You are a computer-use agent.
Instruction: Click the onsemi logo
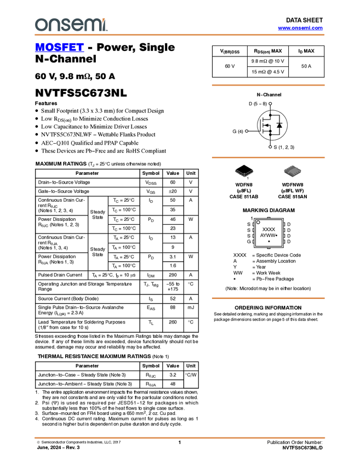tap(71, 25)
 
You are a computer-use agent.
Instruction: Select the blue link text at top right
tap(300, 28)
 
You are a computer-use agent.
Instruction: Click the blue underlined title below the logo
tap(59, 48)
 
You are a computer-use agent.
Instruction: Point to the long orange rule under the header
tap(180, 35)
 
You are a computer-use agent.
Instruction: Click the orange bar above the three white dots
tap(268, 85)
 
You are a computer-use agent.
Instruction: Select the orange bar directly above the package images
tap(268, 157)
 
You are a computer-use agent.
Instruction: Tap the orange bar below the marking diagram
tap(268, 298)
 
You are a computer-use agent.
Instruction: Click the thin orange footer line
tap(180, 437)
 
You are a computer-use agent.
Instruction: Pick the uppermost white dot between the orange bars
tap(270, 104)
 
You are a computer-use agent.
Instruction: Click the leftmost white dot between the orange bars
tap(247, 131)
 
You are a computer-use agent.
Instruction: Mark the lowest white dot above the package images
tap(270, 147)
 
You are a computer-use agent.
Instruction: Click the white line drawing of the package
tap(244, 173)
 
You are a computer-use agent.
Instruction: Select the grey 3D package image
tap(293, 171)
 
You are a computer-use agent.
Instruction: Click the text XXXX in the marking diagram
tap(268, 229)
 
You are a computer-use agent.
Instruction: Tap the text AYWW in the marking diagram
tap(267, 235)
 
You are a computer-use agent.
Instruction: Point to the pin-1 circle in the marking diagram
tap(258, 222)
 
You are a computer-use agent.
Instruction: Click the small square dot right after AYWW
tap(276, 235)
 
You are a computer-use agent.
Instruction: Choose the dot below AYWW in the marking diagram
tap(268, 241)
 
